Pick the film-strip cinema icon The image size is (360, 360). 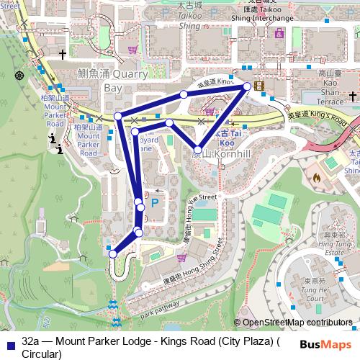click(258, 86)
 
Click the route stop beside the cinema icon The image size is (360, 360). click(247, 86)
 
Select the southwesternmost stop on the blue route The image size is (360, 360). click(112, 253)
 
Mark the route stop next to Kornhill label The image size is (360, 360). click(197, 149)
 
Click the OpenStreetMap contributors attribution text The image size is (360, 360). click(297, 323)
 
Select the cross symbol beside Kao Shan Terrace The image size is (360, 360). click(353, 94)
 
